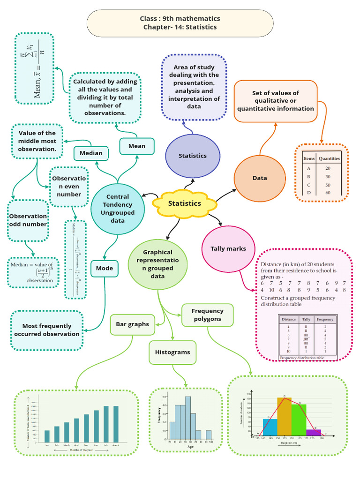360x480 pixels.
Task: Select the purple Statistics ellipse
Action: [x=192, y=156]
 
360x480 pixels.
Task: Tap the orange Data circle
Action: [x=260, y=178]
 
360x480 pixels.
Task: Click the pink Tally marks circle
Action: [x=228, y=249]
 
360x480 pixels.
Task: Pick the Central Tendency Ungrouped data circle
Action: [x=117, y=208]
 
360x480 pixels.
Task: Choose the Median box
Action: [x=91, y=153]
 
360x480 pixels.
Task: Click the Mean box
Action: [x=137, y=146]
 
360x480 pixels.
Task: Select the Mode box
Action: [x=105, y=269]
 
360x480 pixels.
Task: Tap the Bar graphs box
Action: [x=132, y=324]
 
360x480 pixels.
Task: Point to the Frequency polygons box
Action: [x=207, y=315]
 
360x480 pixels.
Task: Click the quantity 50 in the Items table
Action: [x=328, y=185]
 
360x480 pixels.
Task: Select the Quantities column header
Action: [x=329, y=158]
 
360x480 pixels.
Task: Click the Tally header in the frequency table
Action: [x=306, y=319]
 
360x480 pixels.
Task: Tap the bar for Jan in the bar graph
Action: [x=47, y=436]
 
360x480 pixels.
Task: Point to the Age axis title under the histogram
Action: [x=190, y=447]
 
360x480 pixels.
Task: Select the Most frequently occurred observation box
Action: [x=47, y=330]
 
